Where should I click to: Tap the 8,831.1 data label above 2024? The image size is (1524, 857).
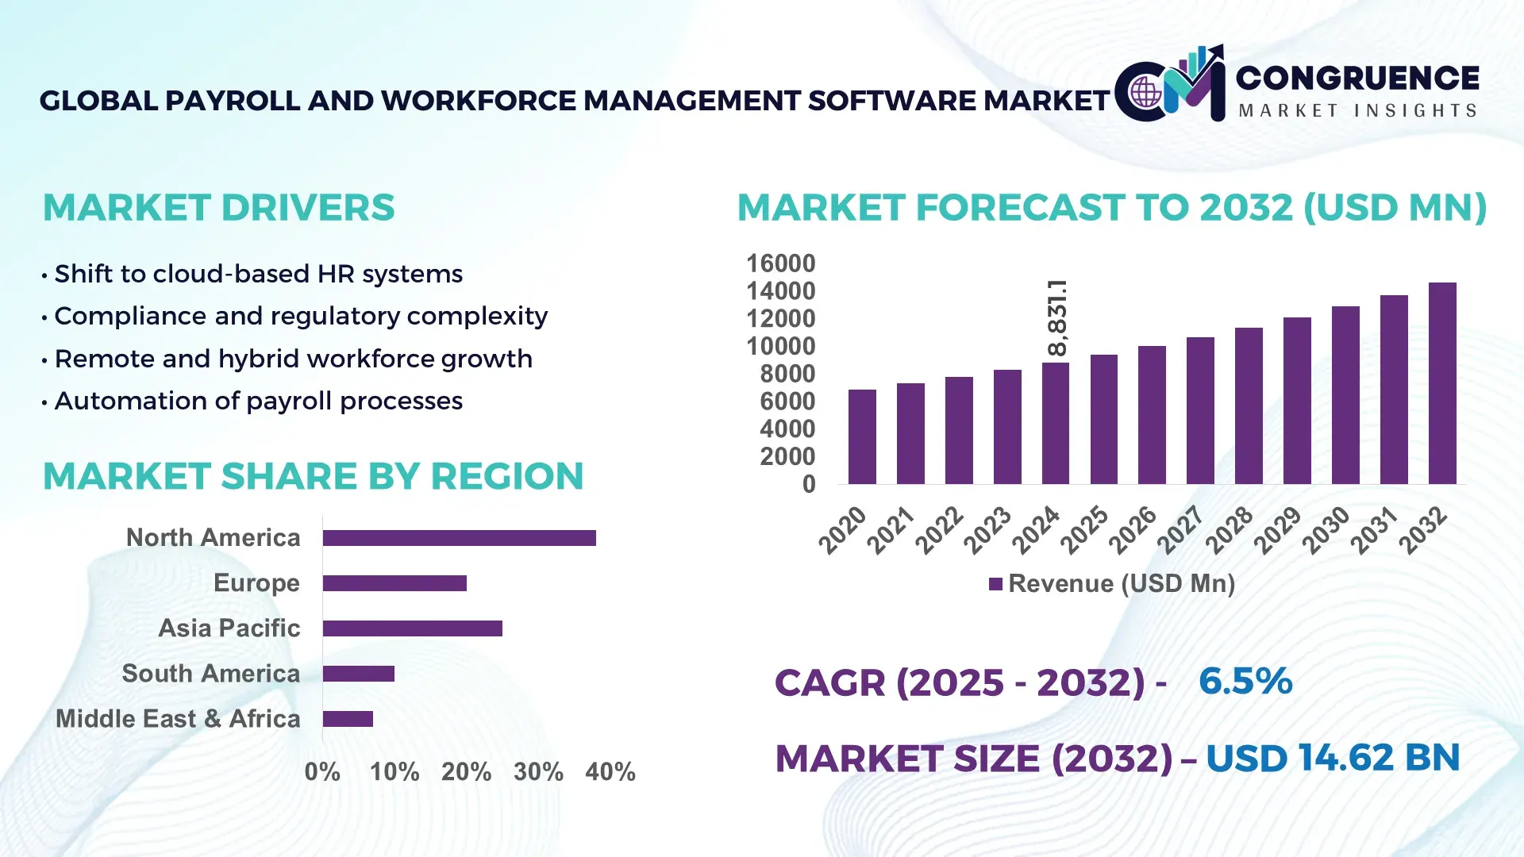coord(1057,317)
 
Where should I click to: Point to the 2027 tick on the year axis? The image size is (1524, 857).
coord(1180,529)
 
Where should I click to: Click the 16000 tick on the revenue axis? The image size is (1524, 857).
coord(780,263)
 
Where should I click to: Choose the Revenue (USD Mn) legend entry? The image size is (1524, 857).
coord(1112,584)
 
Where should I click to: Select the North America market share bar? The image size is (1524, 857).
coord(459,538)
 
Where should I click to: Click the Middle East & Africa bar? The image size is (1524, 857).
coord(348,719)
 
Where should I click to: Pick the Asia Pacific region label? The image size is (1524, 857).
coord(229,628)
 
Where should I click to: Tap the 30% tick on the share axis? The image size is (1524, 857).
coord(538,772)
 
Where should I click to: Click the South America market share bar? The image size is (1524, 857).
coord(359,674)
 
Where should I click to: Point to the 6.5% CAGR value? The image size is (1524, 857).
coord(1245,682)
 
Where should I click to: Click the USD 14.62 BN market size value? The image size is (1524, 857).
coord(1332,758)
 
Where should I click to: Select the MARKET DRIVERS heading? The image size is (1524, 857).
coord(218,208)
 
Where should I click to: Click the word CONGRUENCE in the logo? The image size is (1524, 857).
coord(1357,78)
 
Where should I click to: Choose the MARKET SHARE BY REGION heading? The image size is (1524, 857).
coord(313,477)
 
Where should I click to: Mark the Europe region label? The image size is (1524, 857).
coord(256,583)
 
